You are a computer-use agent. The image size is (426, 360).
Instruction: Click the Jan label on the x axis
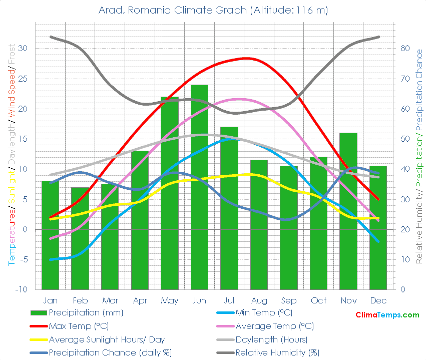coord(50,300)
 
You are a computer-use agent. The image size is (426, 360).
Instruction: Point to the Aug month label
coord(259,300)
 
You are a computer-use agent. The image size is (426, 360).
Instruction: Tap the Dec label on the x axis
coord(378,300)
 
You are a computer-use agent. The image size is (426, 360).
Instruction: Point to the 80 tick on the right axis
coord(405,49)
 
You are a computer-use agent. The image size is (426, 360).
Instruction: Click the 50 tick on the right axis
coord(405,139)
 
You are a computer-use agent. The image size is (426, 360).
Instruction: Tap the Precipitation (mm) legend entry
coord(86,313)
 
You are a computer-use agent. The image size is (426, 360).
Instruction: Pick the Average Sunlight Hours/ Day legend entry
coord(107,339)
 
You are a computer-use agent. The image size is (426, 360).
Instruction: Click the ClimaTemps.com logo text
coord(387,315)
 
